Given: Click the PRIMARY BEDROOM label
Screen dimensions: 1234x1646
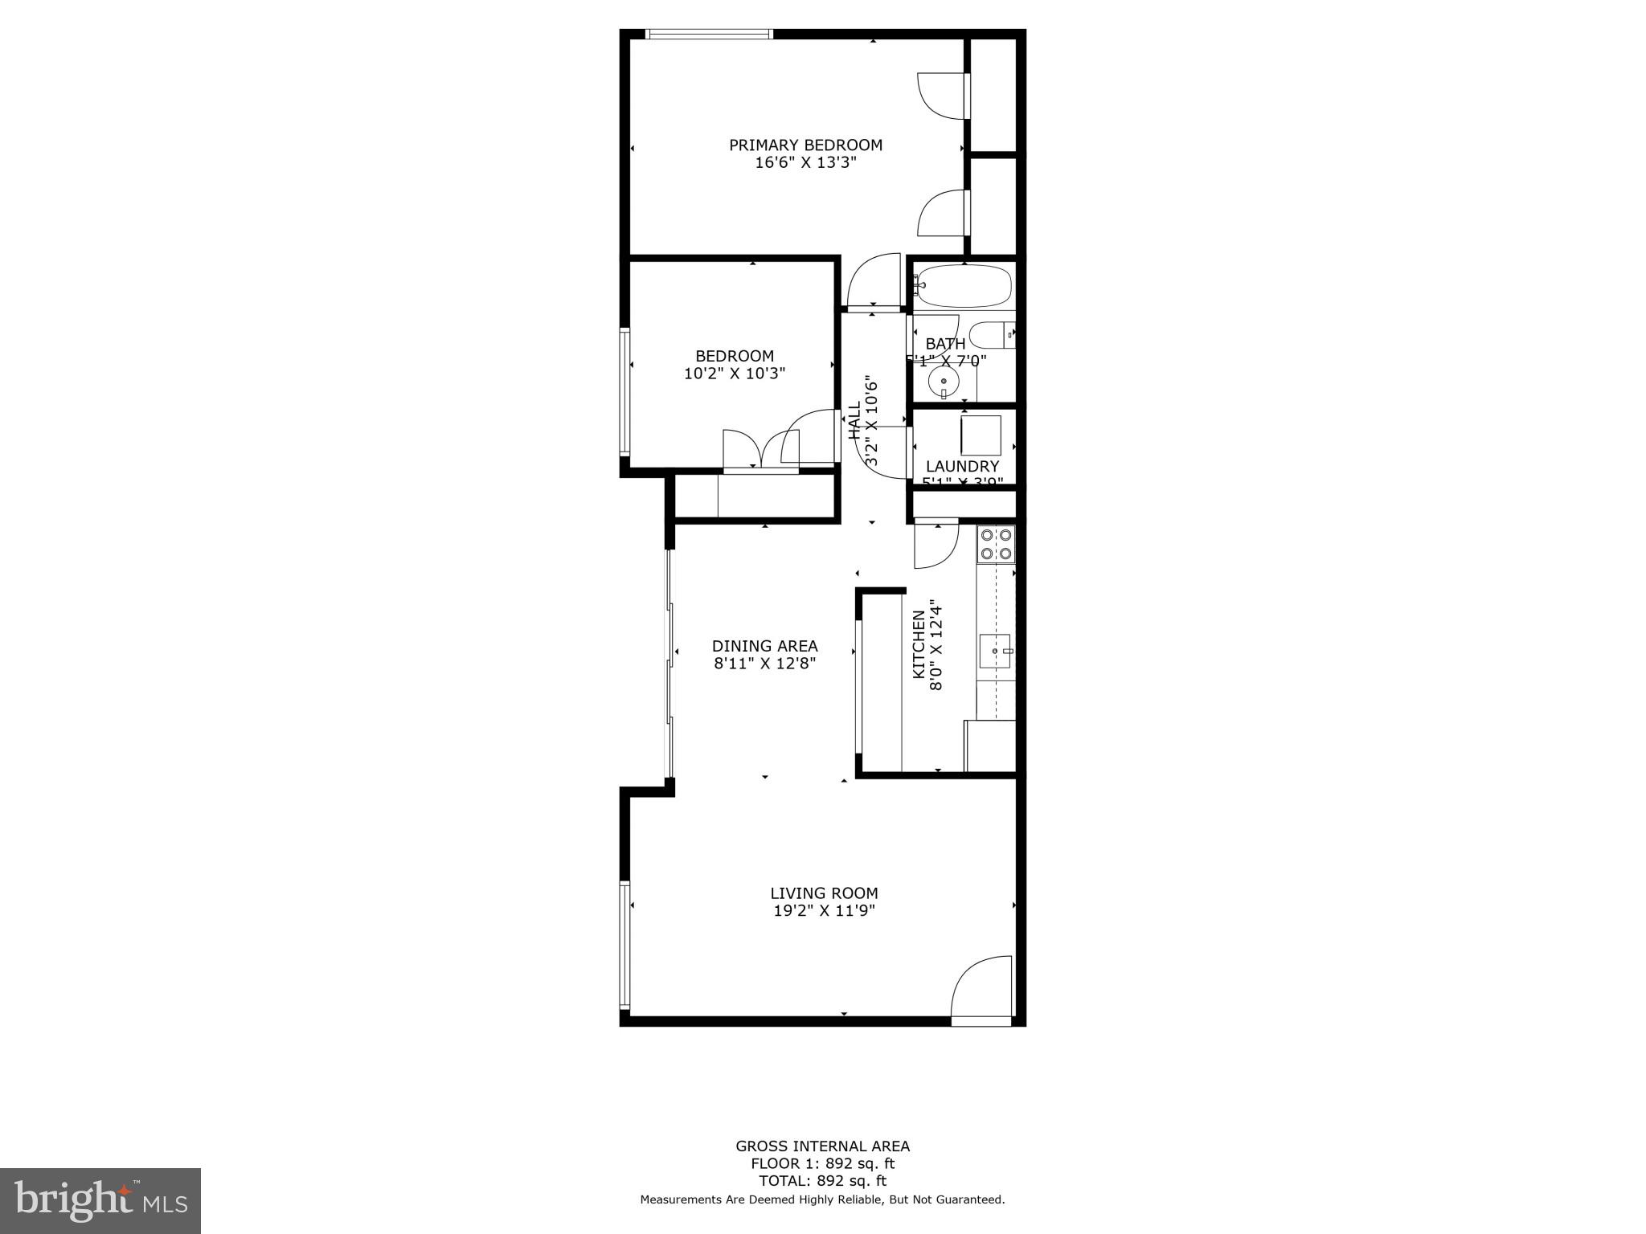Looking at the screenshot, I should point(805,145).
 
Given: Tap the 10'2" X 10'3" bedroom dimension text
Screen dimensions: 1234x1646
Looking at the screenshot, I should point(734,374).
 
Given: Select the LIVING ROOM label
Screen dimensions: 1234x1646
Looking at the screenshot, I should point(824,893).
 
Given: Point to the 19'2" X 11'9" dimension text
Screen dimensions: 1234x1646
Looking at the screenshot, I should point(824,911).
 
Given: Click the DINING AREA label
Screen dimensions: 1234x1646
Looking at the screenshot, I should point(764,646).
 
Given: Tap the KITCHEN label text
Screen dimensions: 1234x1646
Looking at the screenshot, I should point(919,644).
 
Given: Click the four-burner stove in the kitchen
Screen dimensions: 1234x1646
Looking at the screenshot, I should point(996,544).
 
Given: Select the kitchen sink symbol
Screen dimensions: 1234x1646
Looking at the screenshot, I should point(996,651).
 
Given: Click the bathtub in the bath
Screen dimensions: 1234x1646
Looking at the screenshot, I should point(964,287).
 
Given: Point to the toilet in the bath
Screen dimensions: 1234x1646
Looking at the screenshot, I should point(991,335).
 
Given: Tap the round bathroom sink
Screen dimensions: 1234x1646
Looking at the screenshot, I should point(944,382).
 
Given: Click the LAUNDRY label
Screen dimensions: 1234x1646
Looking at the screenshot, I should point(962,467).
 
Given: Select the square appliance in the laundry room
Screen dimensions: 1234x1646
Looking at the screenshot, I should point(981,436).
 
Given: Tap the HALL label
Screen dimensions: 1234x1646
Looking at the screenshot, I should point(854,420).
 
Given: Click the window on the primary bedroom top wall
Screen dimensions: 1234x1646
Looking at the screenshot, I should point(710,35).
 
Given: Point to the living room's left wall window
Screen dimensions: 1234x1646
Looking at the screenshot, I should point(624,945).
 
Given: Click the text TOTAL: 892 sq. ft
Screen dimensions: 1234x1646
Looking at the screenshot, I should point(822,1181).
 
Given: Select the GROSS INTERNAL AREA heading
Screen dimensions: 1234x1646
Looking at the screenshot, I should point(822,1146).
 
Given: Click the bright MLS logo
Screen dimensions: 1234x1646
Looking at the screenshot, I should point(100,1201).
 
